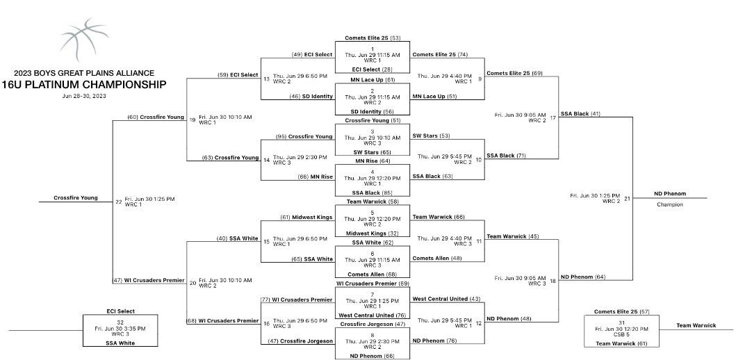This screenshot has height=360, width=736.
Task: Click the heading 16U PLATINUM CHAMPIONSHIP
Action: tap(84, 85)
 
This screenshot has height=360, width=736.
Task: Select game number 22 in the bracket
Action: tap(118, 202)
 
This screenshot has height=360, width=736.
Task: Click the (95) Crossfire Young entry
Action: tap(304, 136)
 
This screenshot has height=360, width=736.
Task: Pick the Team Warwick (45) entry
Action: tap(513, 236)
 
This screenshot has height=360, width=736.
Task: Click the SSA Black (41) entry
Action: tap(580, 113)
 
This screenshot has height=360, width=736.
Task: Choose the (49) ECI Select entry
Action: tap(311, 54)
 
